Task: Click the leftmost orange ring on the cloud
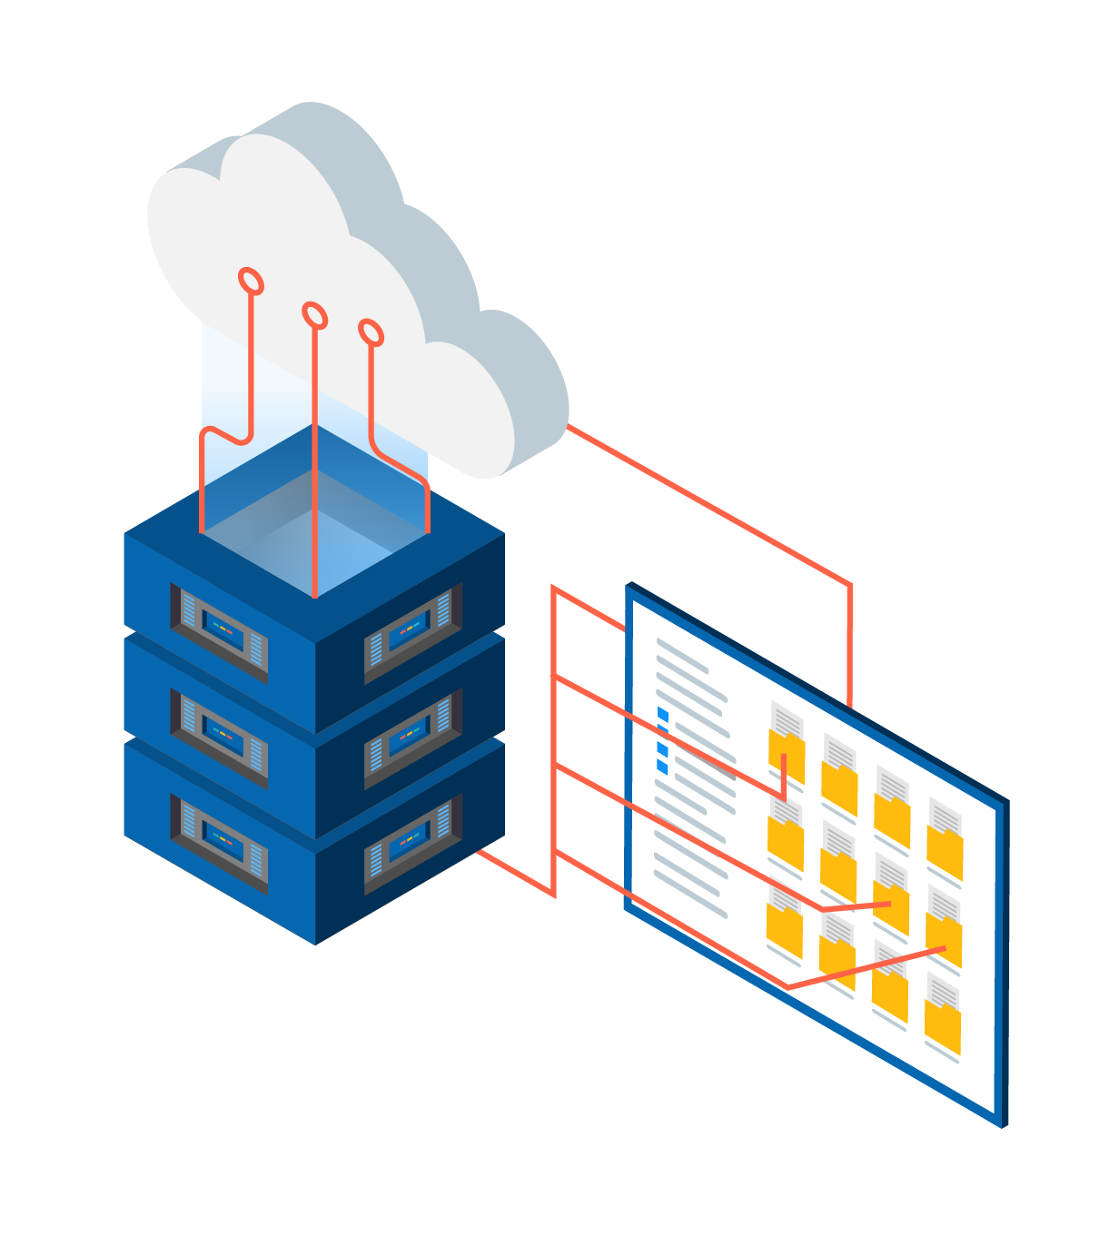pos(251,282)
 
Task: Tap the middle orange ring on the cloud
pos(314,315)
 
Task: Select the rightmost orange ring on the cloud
pos(371,332)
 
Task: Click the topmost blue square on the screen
pos(662,715)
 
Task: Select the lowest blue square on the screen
pos(662,767)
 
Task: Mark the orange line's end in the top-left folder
pos(783,756)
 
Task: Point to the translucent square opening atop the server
pos(314,536)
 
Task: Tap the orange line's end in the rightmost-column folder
pos(945,948)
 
